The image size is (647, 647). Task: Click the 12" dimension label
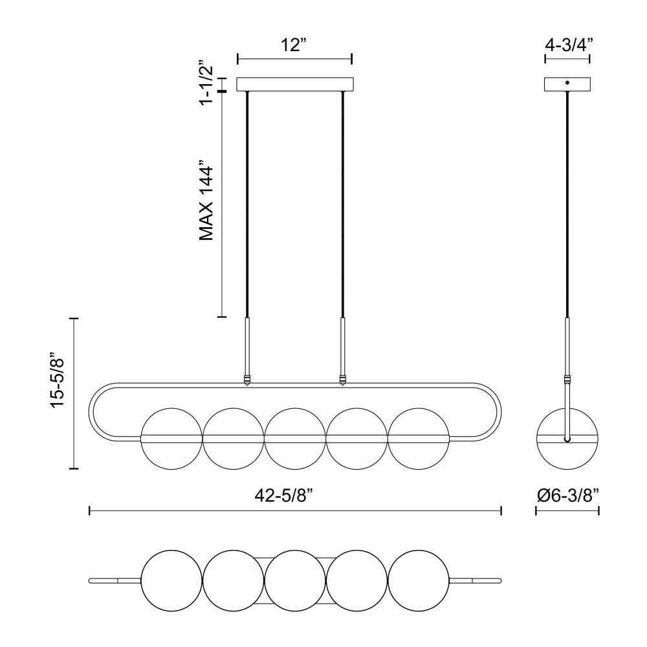coord(294,45)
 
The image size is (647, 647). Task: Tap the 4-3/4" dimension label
coord(569,44)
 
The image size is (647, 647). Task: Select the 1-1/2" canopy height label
coord(206,83)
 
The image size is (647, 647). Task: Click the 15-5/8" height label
coord(58,380)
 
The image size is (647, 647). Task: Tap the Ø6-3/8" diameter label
coord(568,495)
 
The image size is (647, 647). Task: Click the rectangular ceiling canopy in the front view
coord(295,84)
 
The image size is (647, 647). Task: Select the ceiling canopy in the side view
coord(567,84)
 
